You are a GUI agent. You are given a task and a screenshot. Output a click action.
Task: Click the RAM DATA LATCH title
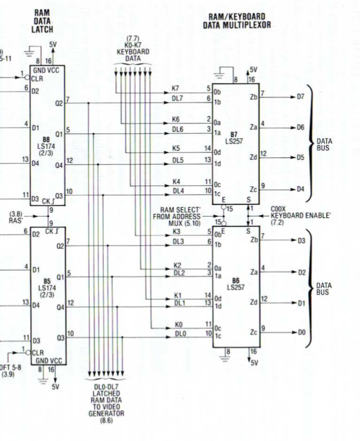click(x=42, y=21)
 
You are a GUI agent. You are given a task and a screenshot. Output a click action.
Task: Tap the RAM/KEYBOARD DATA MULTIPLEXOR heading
click(x=237, y=21)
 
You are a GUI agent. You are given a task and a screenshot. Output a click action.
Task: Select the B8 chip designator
click(x=46, y=140)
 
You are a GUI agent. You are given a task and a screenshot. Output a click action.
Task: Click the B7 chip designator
click(x=233, y=134)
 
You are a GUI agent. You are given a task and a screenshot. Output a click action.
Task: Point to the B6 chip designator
click(x=236, y=280)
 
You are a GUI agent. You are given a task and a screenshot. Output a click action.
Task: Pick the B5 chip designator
click(x=47, y=282)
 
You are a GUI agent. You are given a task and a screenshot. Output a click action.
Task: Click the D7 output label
click(x=301, y=97)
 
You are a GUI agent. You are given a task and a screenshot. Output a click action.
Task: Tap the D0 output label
click(x=301, y=333)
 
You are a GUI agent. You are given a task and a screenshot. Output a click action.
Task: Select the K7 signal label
click(x=175, y=88)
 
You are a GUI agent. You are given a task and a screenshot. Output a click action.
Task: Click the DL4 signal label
click(x=178, y=191)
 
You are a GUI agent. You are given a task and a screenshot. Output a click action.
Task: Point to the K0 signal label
click(x=179, y=325)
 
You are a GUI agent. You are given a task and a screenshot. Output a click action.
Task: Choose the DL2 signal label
click(x=179, y=273)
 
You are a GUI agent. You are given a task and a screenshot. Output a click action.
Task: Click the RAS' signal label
click(x=16, y=220)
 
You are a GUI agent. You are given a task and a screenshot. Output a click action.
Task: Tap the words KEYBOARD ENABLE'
click(x=301, y=216)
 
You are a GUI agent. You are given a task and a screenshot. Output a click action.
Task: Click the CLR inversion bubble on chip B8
click(x=27, y=78)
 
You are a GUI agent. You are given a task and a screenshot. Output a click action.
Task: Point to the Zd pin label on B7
click(x=253, y=157)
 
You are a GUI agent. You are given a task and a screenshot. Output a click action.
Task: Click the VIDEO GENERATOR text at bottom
click(x=106, y=410)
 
